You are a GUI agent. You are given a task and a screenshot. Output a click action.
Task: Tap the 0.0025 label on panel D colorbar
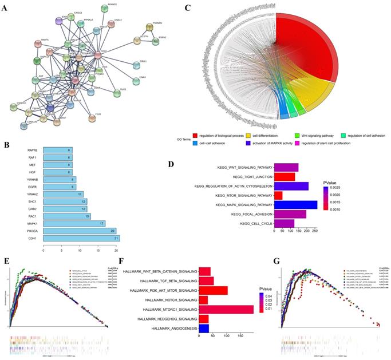pos(346,187)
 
